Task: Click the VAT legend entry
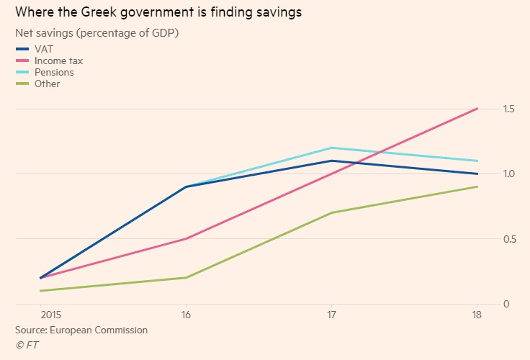[42, 49]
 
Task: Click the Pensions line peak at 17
[331, 148]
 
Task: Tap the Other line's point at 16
[187, 277]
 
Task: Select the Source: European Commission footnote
[81, 330]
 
